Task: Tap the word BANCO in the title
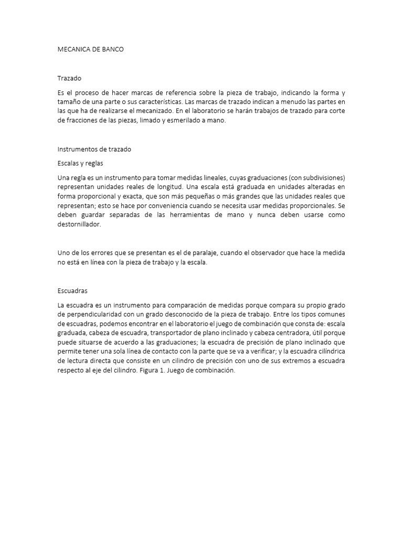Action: click(115, 49)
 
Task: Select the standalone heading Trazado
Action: click(69, 78)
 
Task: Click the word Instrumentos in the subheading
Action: click(78, 149)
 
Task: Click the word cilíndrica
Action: click(326, 352)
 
